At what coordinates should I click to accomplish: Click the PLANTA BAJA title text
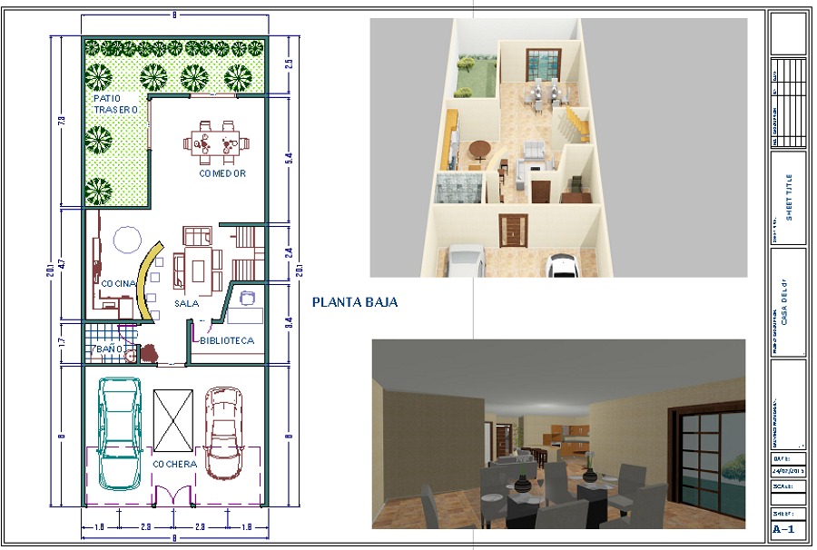click(x=354, y=302)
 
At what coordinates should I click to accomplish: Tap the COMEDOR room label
click(x=222, y=172)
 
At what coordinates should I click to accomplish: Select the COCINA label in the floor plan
click(x=118, y=284)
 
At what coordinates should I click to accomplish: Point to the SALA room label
click(x=187, y=304)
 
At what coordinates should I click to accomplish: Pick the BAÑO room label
click(x=107, y=349)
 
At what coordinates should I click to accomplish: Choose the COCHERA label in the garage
click(x=176, y=464)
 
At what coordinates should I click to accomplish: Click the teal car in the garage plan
click(x=120, y=428)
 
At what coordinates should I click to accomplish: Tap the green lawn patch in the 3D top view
click(x=476, y=77)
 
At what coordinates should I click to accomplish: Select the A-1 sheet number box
click(x=786, y=529)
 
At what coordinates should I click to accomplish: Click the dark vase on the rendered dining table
click(x=522, y=484)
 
